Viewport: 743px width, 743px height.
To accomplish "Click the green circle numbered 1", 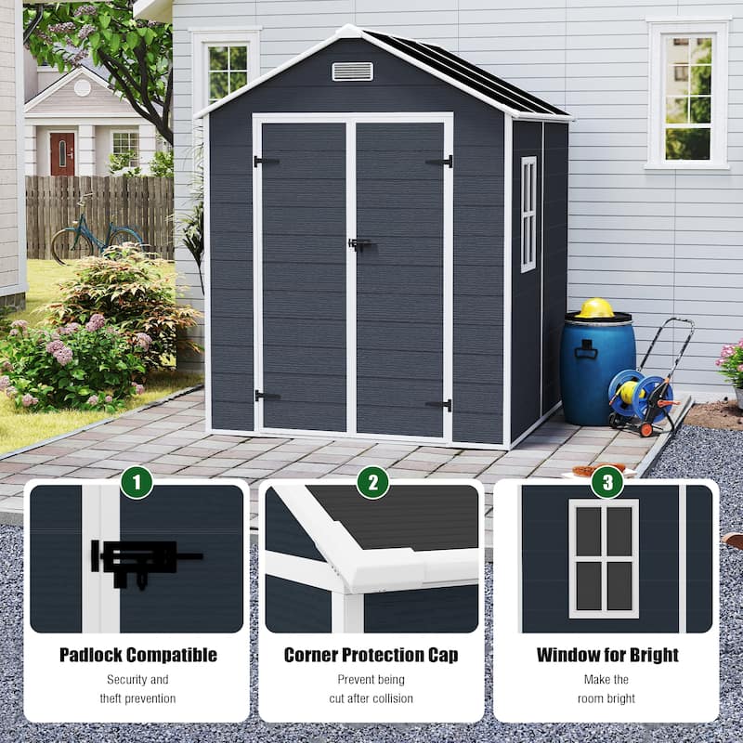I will click(x=136, y=482).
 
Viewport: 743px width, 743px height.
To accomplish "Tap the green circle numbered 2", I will click(x=372, y=482).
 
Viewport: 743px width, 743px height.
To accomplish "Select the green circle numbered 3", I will click(x=607, y=482).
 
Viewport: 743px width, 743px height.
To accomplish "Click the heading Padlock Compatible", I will click(x=137, y=655).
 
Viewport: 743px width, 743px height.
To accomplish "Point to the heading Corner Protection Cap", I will click(x=371, y=655).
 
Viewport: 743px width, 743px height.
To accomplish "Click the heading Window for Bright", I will click(x=606, y=655).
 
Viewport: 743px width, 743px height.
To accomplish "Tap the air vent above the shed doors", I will click(x=352, y=72).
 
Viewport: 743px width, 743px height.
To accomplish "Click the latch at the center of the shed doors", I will click(x=358, y=244).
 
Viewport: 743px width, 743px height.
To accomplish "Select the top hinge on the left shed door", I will click(x=266, y=162).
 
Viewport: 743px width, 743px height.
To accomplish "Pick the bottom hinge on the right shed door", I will click(x=439, y=404).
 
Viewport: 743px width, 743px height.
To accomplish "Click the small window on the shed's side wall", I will click(x=528, y=214).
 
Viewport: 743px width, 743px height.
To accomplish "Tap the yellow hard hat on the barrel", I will click(x=595, y=308).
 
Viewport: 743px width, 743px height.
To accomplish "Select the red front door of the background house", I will click(x=62, y=153).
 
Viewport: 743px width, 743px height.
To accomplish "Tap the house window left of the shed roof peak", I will click(x=226, y=70).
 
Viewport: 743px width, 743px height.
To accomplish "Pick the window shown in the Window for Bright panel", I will click(x=604, y=558).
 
